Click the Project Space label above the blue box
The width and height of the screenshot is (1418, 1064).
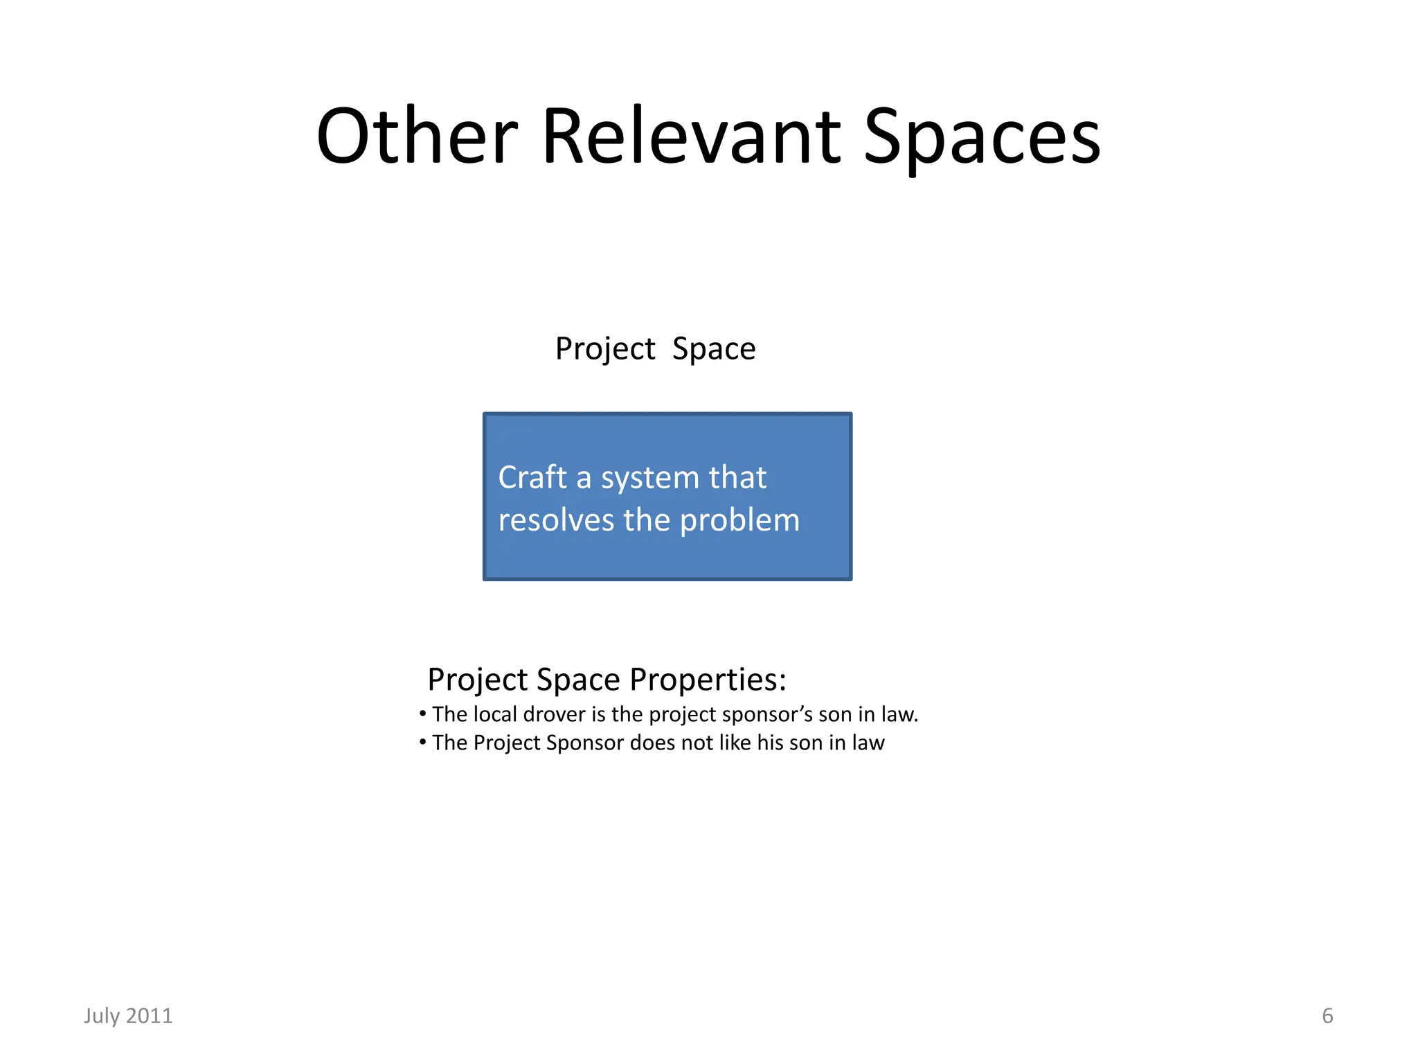tap(655, 348)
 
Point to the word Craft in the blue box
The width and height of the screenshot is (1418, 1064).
tap(532, 477)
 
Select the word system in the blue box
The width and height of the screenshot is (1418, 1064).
tap(650, 479)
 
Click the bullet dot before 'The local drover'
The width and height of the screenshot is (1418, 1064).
tap(422, 713)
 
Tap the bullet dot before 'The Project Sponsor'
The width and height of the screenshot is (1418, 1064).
tap(422, 742)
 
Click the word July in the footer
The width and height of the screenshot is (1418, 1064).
tap(101, 1016)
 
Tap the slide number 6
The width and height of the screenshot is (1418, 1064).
tap(1327, 1016)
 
